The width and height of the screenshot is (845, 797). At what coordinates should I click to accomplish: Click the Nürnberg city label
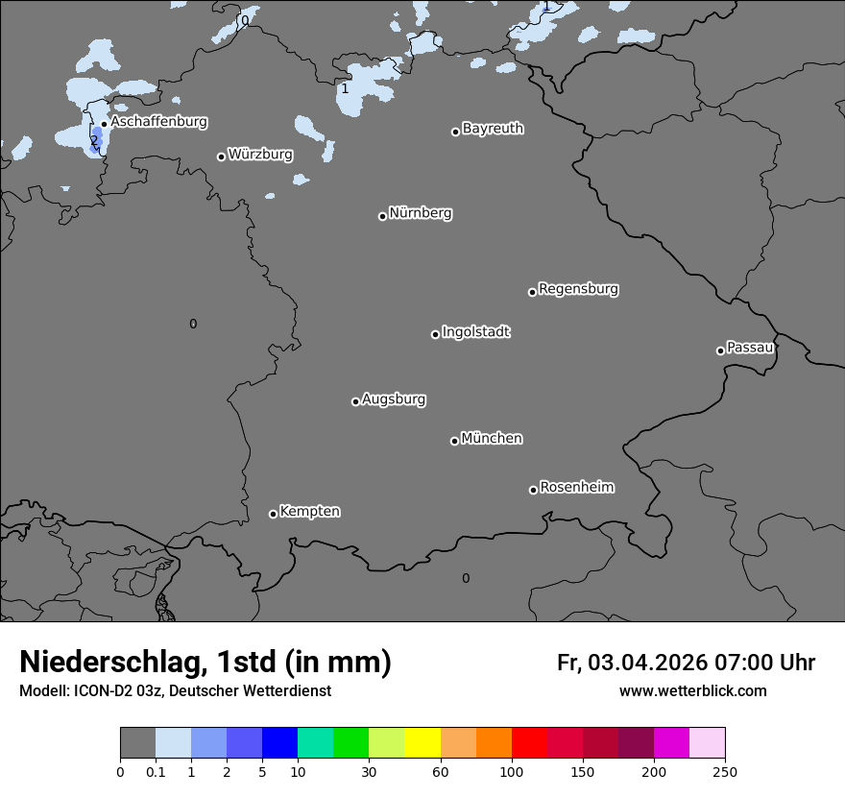coord(420,213)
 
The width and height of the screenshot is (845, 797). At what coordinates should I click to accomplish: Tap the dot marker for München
coord(454,441)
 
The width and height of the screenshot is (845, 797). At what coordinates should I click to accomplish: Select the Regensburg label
coord(578,289)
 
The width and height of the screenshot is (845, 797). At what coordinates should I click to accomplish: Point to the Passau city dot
coord(720,350)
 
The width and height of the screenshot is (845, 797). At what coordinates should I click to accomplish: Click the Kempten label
coord(309,512)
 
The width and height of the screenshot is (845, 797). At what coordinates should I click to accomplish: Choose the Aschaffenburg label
coord(158,122)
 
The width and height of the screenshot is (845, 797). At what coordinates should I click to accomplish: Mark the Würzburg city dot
coord(221,157)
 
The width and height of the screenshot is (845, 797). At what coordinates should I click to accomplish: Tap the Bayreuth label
coord(493,129)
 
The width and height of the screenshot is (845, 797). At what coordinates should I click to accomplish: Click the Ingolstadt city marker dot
coord(435,334)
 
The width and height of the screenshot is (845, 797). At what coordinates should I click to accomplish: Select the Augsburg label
coord(394,399)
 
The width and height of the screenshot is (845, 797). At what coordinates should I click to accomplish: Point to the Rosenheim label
coord(576,488)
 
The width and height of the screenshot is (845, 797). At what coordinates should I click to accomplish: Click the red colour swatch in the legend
coord(529,743)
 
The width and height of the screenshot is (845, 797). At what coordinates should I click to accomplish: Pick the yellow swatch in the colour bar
coord(422,743)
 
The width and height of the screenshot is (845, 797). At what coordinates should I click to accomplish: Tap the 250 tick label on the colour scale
coord(725,771)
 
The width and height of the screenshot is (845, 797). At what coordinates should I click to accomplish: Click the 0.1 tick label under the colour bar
coord(156,771)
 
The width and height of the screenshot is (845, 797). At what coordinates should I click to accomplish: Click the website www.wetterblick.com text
coord(692,691)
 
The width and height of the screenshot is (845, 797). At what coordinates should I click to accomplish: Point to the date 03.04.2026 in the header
coord(648,663)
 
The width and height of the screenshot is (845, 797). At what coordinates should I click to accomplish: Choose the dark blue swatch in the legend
coord(279,743)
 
